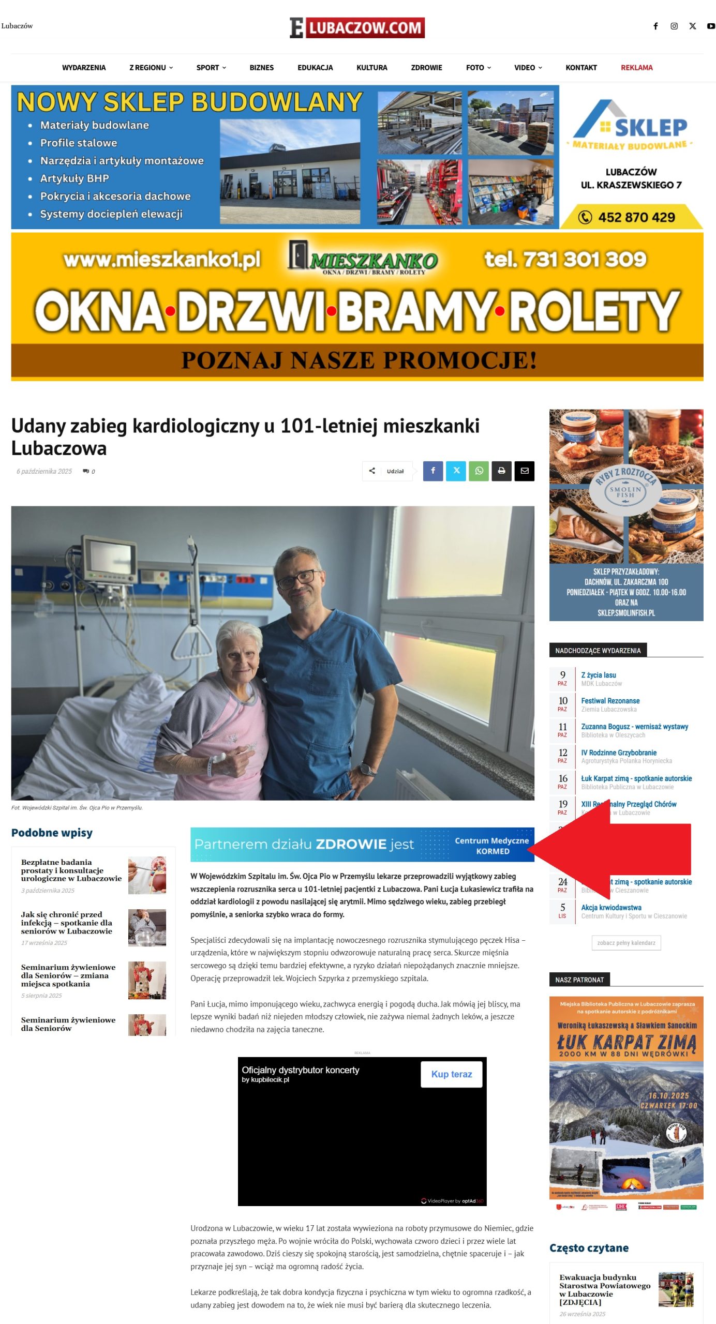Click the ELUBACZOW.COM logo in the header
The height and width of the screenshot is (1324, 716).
click(x=357, y=27)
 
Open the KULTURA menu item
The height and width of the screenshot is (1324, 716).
click(x=371, y=68)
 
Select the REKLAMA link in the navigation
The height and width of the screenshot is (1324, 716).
click(x=636, y=68)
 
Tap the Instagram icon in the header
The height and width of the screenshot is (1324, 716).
click(x=674, y=26)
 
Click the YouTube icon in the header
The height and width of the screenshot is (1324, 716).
click(x=711, y=26)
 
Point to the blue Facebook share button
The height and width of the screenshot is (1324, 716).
click(x=433, y=471)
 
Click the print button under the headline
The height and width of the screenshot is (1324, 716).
click(x=501, y=471)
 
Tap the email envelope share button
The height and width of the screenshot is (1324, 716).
click(x=524, y=471)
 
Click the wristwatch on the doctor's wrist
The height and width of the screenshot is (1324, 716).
click(x=367, y=769)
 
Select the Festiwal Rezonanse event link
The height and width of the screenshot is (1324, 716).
click(x=610, y=701)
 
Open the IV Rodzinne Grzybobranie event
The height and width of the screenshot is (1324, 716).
click(x=618, y=753)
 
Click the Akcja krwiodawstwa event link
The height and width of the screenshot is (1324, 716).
click(x=611, y=907)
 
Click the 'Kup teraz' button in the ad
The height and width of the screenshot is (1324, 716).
click(x=451, y=1074)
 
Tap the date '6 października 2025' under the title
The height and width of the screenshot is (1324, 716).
click(x=44, y=471)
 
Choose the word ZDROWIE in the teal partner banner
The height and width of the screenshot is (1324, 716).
click(x=351, y=844)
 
